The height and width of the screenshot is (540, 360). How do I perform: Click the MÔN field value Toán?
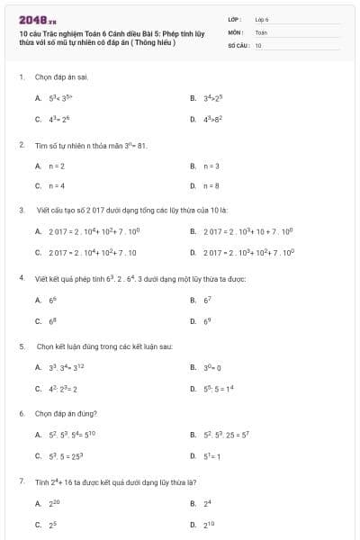click(x=261, y=31)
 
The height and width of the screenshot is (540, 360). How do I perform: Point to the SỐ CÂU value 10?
click(x=258, y=44)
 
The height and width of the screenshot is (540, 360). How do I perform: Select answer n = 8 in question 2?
click(x=211, y=185)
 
